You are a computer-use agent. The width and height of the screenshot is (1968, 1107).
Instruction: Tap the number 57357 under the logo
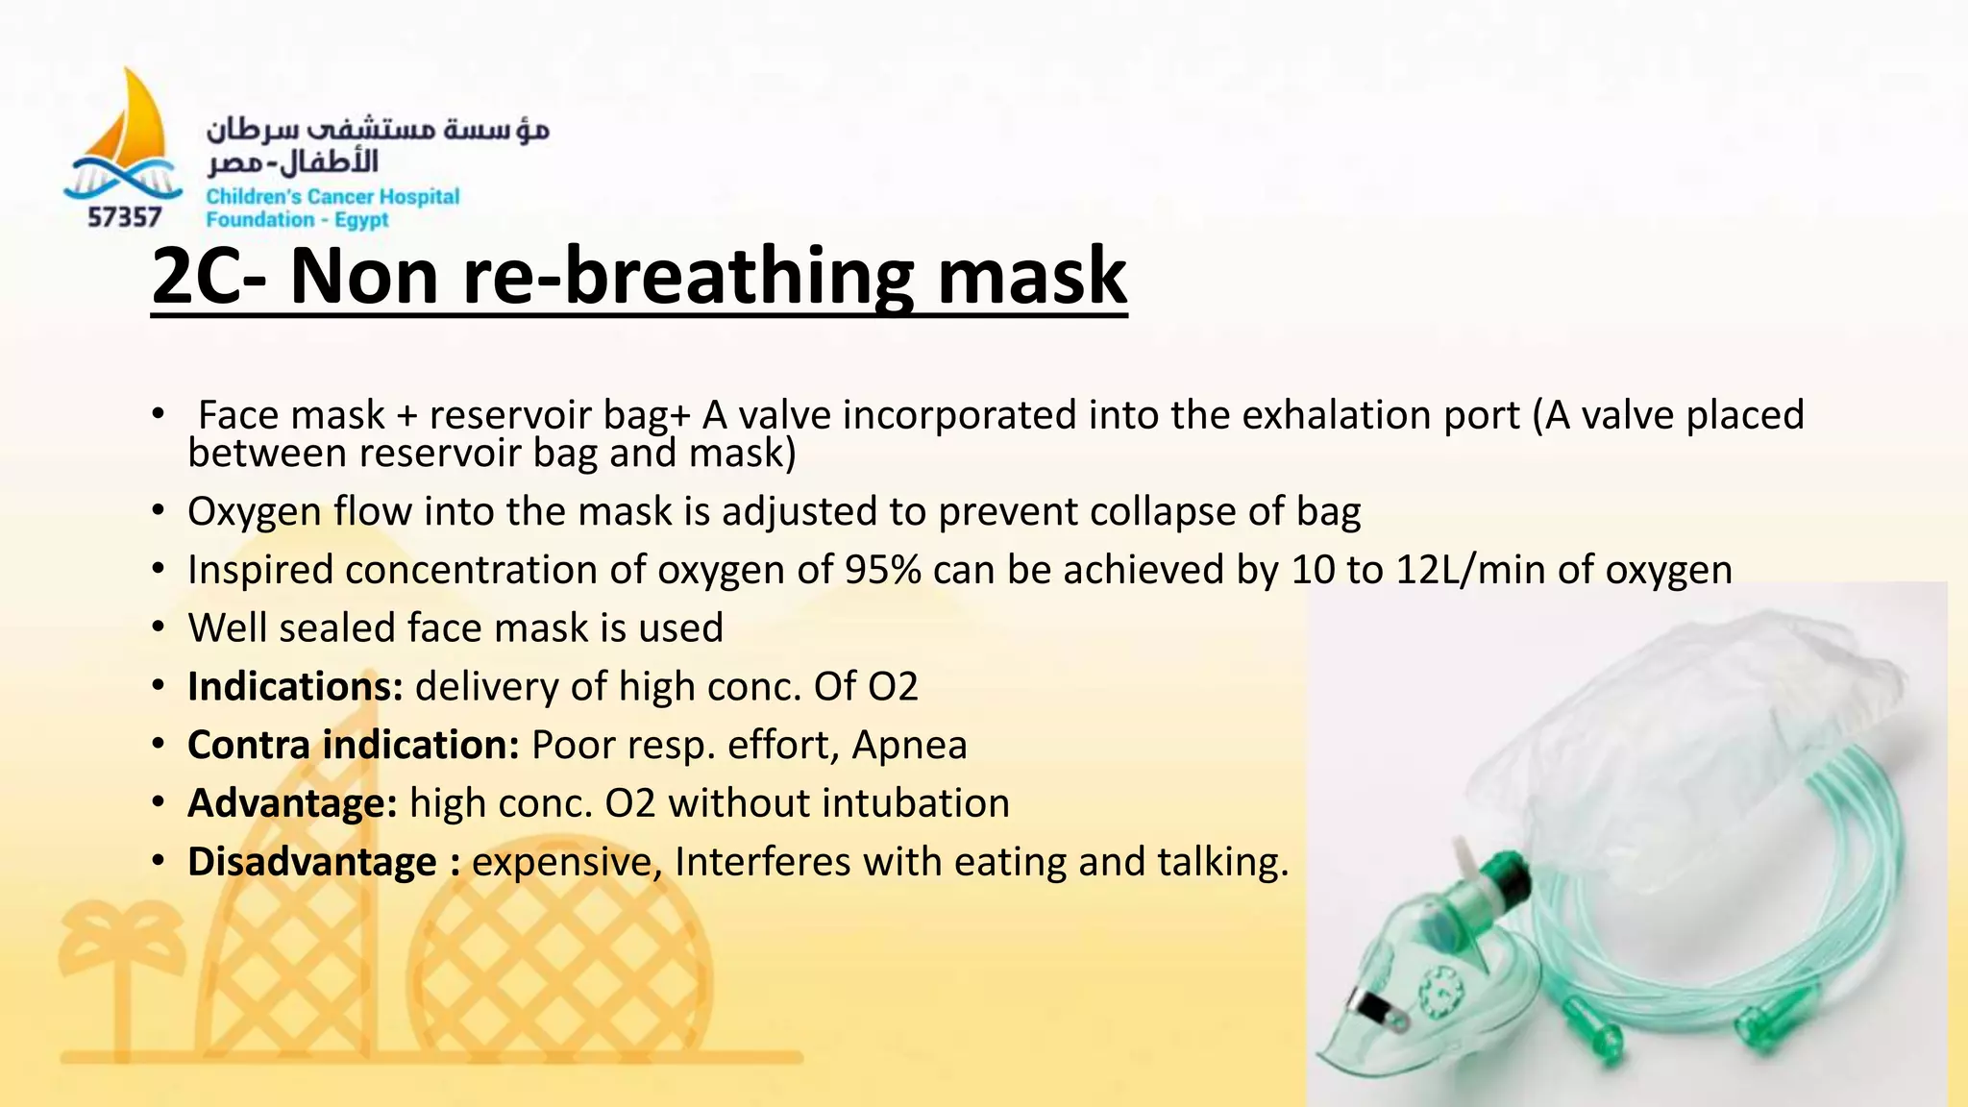point(124,218)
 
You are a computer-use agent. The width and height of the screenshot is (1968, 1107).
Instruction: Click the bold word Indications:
point(295,687)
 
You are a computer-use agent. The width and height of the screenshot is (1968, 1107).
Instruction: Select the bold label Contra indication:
point(353,746)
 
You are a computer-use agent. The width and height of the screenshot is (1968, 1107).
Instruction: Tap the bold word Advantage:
point(292,803)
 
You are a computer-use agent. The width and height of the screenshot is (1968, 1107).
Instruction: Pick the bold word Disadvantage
point(311,862)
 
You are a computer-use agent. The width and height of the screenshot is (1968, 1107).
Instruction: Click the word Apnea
point(909,746)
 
